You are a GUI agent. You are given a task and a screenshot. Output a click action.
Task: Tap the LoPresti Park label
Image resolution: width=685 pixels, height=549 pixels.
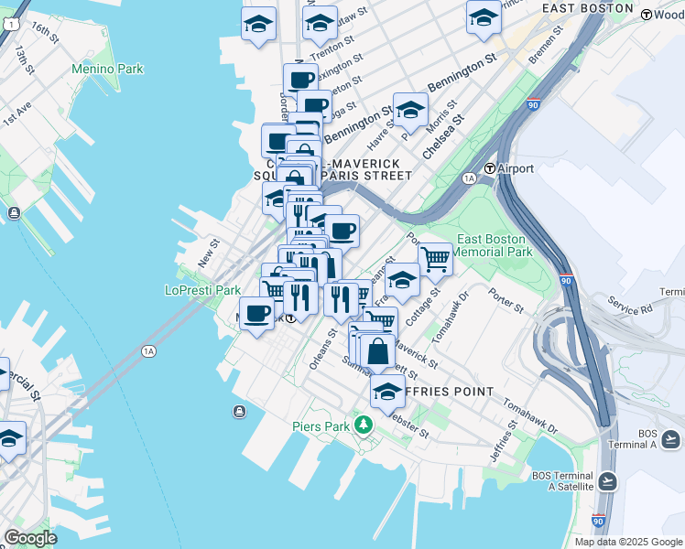pos(201,290)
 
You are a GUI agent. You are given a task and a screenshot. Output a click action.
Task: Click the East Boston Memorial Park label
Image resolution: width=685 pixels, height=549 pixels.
pos(493,245)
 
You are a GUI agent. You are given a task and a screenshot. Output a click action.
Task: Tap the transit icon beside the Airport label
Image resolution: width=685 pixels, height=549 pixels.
pos(491,168)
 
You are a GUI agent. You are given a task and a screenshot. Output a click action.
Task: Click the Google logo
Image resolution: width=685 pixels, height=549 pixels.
pos(30,538)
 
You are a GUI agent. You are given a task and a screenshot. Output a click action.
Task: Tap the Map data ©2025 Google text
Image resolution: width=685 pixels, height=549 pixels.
pos(627,542)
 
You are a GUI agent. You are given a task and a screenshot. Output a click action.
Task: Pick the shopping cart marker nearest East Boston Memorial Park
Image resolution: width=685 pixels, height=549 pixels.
pos(435,259)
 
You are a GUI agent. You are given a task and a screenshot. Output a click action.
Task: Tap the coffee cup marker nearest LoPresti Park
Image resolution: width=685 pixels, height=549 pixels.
pos(256,313)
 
